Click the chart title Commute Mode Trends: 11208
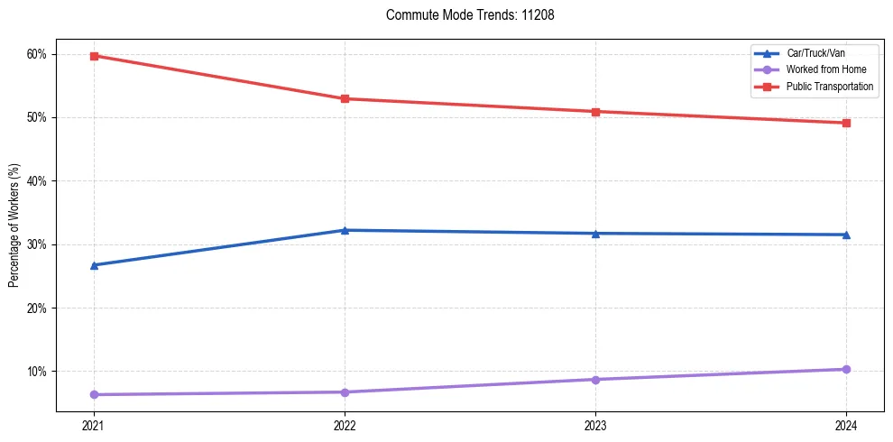click(464, 15)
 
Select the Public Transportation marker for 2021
click(94, 56)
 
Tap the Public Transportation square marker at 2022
click(345, 98)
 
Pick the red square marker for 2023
click(595, 112)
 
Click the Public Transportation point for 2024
click(846, 123)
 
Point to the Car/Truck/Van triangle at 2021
click(94, 265)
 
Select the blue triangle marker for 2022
click(345, 230)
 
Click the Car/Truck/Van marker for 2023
click(595, 234)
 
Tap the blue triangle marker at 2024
click(846, 235)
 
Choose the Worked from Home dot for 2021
click(94, 394)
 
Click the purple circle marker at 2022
click(345, 391)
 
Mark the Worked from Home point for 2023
click(595, 379)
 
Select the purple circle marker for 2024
click(846, 369)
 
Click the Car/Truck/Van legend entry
click(815, 53)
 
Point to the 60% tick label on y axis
click(36, 54)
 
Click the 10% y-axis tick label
click(36, 372)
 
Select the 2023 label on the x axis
click(595, 425)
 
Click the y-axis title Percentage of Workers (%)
click(14, 226)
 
